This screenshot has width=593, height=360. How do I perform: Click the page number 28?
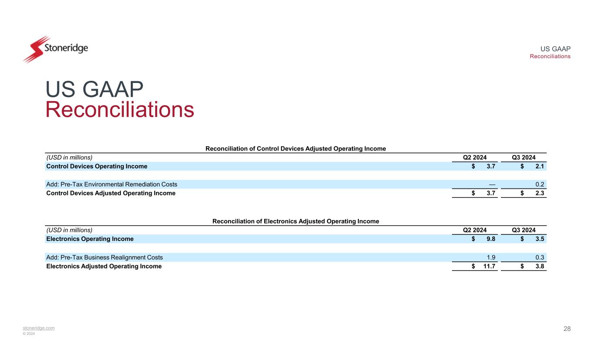click(x=567, y=329)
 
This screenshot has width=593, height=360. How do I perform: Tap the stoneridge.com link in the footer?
click(x=39, y=328)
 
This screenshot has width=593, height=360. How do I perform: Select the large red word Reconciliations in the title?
click(x=120, y=110)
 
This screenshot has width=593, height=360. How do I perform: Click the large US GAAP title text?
click(x=94, y=90)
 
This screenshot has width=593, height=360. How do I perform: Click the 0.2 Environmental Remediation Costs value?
click(x=540, y=184)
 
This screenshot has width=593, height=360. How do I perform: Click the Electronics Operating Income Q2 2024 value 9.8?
click(x=492, y=239)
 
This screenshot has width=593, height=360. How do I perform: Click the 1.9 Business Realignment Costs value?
click(x=492, y=257)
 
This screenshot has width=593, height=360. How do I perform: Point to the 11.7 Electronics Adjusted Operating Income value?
click(x=490, y=266)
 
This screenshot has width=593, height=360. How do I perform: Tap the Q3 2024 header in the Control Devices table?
click(x=523, y=158)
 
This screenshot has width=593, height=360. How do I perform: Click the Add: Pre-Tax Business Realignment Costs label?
click(x=104, y=257)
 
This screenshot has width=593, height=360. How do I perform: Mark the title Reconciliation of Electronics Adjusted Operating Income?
click(x=295, y=221)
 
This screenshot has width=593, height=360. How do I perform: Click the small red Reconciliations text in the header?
click(x=550, y=56)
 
